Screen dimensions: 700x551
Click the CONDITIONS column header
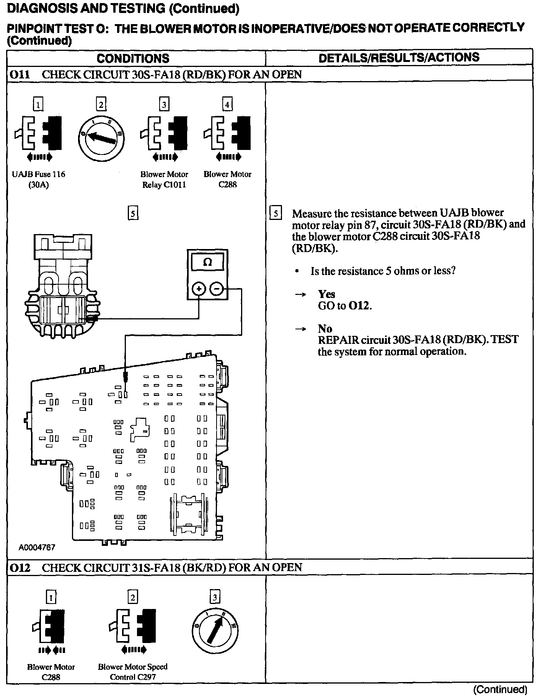coord(133,58)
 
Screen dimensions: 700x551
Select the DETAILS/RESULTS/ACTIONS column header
coord(399,57)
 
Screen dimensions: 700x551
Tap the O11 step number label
coord(20,74)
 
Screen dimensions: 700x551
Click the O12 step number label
coord(20,567)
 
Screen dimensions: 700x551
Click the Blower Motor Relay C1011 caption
coord(164,179)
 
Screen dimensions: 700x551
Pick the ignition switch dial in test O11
coord(101,137)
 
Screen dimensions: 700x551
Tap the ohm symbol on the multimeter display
coord(207,262)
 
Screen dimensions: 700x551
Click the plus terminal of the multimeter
coord(198,289)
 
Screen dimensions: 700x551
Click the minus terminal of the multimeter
coord(217,289)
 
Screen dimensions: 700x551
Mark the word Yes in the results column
coord(326,294)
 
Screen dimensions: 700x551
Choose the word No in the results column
coord(325,329)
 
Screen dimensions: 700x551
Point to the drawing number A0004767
coord(37,547)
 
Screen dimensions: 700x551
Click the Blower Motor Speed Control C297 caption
coord(132,672)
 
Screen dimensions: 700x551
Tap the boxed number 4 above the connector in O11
coord(227,104)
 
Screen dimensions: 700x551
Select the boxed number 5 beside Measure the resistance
coord(276,213)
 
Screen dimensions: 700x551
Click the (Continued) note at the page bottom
coord(500,690)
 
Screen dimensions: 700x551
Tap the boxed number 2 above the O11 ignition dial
coord(101,104)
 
